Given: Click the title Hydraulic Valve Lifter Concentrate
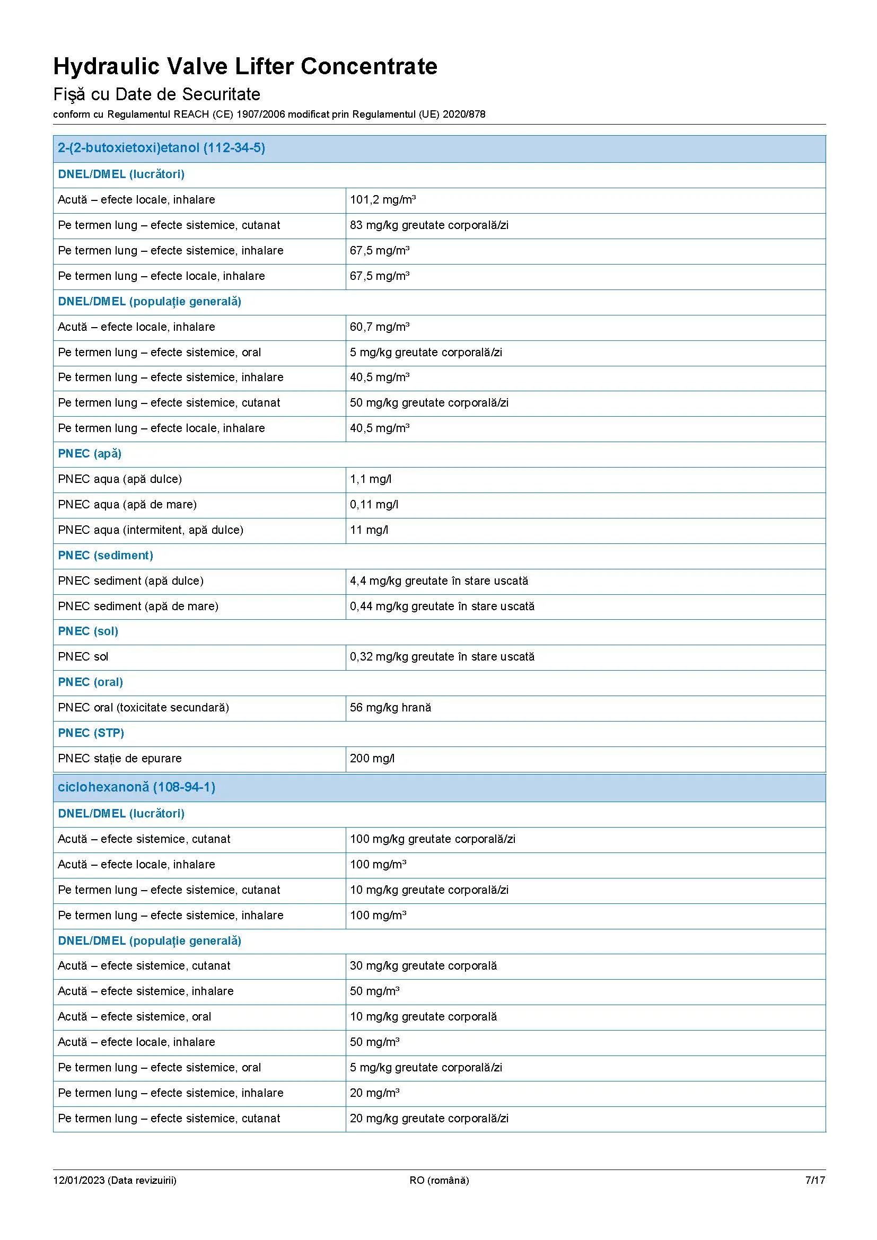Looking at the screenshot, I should point(245,66).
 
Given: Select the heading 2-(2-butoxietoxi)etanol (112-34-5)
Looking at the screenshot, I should point(162,148).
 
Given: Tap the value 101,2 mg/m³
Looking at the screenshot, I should point(382,200).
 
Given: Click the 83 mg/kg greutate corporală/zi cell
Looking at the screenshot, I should point(429,225).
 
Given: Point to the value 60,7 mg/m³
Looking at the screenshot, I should point(380,327).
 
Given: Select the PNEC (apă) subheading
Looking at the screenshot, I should point(90,454).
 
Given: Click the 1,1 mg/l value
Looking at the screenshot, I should point(371,479).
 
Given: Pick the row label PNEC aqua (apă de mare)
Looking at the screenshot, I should point(127,504).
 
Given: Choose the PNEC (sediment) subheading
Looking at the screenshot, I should point(106,555).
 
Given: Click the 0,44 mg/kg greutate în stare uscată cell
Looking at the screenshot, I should point(442,606).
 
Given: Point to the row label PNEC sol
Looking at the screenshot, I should point(83,657).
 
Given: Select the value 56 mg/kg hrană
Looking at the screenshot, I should point(390,708).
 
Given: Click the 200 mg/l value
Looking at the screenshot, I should point(372,758).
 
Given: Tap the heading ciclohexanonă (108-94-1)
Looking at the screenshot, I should point(137,787).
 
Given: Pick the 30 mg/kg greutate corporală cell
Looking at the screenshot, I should point(423,965).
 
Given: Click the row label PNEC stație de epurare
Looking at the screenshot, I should point(120,758).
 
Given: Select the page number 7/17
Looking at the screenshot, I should point(815,1180).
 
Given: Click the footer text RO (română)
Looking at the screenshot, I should point(439,1180).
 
